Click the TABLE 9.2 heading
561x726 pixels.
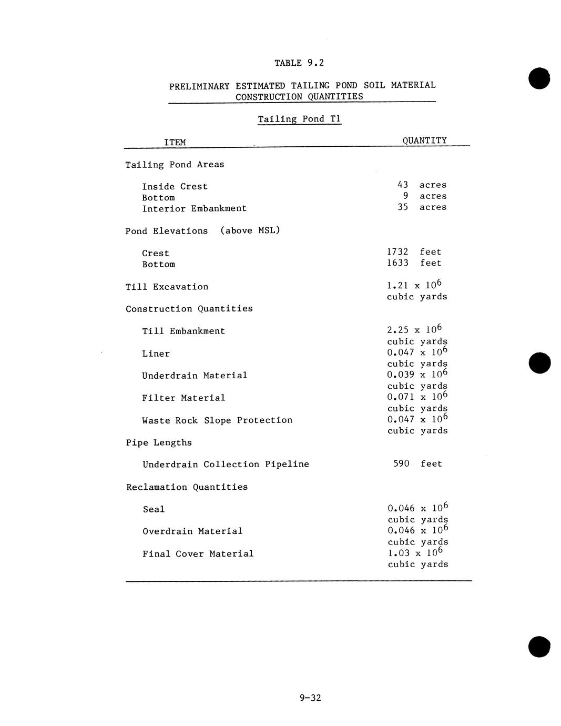pyautogui.click(x=299, y=63)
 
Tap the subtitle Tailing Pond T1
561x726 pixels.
pyautogui.click(x=299, y=119)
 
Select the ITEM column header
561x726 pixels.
pyautogui.click(x=175, y=143)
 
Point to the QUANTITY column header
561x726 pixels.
pyautogui.click(x=424, y=140)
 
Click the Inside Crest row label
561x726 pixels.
pyautogui.click(x=175, y=187)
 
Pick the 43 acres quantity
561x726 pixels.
pyautogui.click(x=422, y=185)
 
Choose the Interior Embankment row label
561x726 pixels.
pyautogui.click(x=194, y=209)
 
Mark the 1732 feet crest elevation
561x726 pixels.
pyautogui.click(x=414, y=252)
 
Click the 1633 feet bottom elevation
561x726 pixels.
pyautogui.click(x=414, y=263)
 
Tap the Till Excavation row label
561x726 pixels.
pyautogui.click(x=167, y=287)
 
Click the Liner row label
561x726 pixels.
pyautogui.click(x=156, y=354)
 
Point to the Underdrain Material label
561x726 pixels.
pyautogui.click(x=195, y=376)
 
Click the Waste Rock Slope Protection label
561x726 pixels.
pyautogui.click(x=217, y=420)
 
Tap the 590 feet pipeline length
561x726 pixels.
pyautogui.click(x=417, y=464)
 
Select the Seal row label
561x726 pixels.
pyautogui.click(x=154, y=510)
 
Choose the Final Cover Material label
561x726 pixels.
pyautogui.click(x=198, y=554)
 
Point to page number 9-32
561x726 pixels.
pyautogui.click(x=310, y=698)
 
